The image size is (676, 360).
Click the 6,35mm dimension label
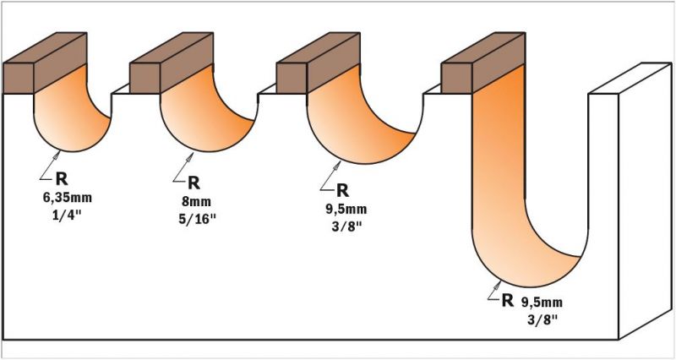[68, 199]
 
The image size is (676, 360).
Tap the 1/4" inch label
[68, 215]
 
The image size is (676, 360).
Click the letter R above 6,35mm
[62, 179]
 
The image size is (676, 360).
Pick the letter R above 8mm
[194, 183]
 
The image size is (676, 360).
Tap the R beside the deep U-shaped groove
[508, 301]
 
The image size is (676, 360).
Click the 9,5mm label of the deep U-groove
[541, 302]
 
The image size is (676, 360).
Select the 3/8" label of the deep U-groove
[542, 319]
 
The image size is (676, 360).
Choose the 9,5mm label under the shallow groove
[346, 210]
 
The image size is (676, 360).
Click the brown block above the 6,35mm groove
[46, 63]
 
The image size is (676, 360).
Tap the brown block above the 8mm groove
[172, 63]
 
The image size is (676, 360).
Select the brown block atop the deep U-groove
[482, 63]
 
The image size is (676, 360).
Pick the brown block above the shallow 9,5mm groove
[319, 63]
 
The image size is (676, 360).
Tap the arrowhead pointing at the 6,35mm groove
[57, 155]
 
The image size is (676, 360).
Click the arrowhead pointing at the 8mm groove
[188, 158]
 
